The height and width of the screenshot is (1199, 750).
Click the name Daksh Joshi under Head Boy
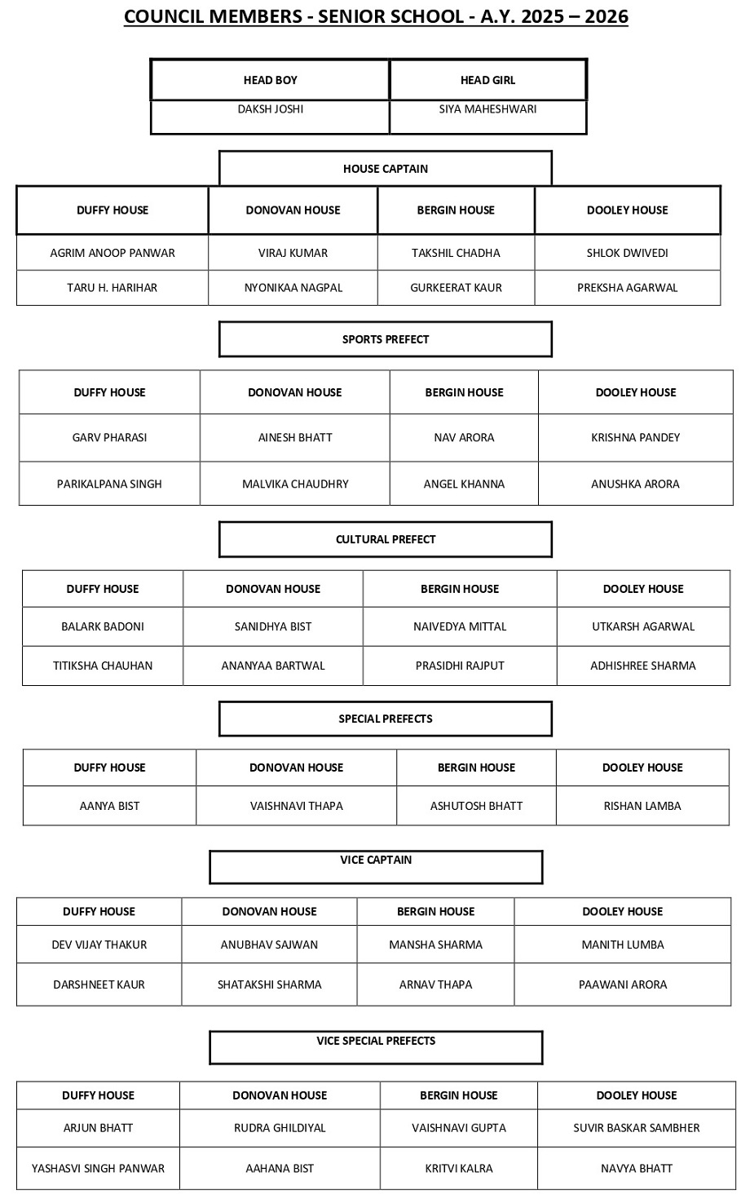[x=270, y=109]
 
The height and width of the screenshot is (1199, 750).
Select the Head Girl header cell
[x=487, y=80]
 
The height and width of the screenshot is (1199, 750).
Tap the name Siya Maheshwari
[x=487, y=109]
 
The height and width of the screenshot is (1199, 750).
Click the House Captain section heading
[x=385, y=169]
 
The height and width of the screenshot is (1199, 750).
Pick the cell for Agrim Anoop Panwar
[x=112, y=253]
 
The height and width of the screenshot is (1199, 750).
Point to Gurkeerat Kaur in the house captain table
[x=456, y=287]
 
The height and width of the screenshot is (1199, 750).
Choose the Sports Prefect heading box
[x=385, y=339]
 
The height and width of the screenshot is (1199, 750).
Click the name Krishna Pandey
[x=635, y=437]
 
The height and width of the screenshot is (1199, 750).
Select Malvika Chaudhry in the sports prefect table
[x=295, y=484]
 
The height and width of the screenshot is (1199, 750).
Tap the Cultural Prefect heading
[x=385, y=539]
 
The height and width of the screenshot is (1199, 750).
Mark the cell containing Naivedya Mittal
[x=460, y=626]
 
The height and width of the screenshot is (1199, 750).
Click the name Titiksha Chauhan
[x=103, y=666]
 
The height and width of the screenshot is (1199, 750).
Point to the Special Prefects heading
[x=385, y=719]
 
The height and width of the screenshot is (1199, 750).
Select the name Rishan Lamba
[x=642, y=806]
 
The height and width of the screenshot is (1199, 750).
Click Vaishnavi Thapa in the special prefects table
[x=296, y=806]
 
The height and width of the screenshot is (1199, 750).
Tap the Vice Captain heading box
[x=376, y=861]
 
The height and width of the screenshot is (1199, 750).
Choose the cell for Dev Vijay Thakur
[x=99, y=945]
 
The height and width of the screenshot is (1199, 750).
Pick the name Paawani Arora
[x=623, y=984]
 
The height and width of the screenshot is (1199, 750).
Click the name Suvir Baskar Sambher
[x=637, y=1128]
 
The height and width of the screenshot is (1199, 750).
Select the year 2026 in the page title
[x=602, y=16]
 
